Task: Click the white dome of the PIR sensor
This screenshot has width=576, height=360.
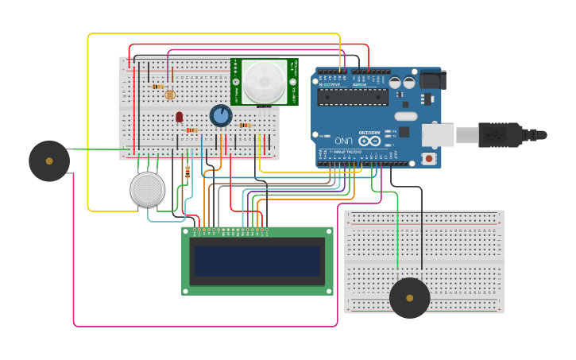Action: pyautogui.click(x=264, y=81)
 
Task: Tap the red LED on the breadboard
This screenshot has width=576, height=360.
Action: pyautogui.click(x=180, y=116)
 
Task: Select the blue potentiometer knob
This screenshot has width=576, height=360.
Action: pyautogui.click(x=221, y=116)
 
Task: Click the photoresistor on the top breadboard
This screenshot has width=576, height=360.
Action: pyautogui.click(x=169, y=95)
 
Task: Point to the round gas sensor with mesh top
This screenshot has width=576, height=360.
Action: pyautogui.click(x=148, y=190)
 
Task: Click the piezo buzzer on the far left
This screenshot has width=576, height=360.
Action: pyautogui.click(x=49, y=161)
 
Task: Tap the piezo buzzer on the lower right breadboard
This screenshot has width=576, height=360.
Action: pyautogui.click(x=410, y=298)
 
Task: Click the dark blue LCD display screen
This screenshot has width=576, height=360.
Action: pyautogui.click(x=257, y=261)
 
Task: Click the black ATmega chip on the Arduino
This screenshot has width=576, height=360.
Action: pyautogui.click(x=353, y=97)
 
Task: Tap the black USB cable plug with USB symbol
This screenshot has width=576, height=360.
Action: pyautogui.click(x=499, y=135)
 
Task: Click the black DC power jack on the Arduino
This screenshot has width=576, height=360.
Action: pyautogui.click(x=432, y=79)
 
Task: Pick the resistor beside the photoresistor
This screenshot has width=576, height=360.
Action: pyautogui.click(x=158, y=87)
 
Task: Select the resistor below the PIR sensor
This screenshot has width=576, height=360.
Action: pyautogui.click(x=245, y=125)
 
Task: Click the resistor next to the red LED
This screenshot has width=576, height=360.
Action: pyautogui.click(x=191, y=130)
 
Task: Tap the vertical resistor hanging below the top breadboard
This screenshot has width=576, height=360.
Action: pyautogui.click(x=187, y=172)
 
